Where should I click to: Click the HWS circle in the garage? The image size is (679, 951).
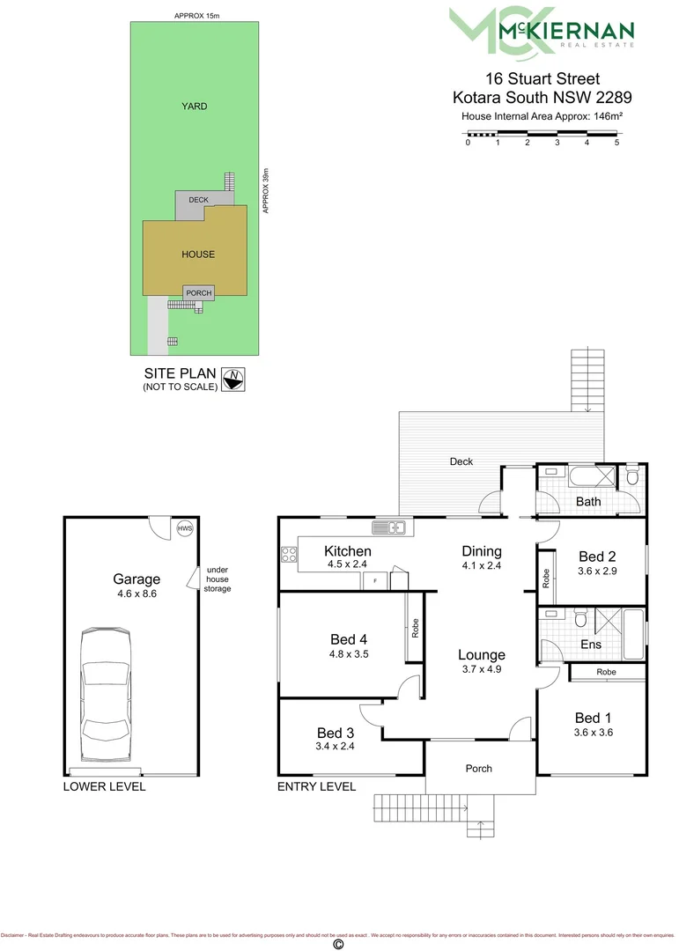click(x=184, y=528)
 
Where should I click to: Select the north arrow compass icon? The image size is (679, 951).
click(x=234, y=379)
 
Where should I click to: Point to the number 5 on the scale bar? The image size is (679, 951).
click(x=617, y=143)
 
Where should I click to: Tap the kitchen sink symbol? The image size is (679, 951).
click(x=387, y=527)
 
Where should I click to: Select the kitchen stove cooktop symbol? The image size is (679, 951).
click(x=288, y=555)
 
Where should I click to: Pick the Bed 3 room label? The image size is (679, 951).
click(x=335, y=733)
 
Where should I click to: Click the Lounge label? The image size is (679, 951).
click(x=481, y=654)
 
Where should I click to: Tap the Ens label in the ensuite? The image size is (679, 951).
click(x=592, y=645)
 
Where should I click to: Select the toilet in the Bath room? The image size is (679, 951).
click(x=631, y=479)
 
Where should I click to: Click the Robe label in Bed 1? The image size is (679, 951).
click(x=606, y=672)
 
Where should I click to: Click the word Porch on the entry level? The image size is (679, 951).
click(x=479, y=769)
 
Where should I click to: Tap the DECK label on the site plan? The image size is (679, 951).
click(x=198, y=200)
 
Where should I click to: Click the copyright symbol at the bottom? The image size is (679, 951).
click(x=337, y=944)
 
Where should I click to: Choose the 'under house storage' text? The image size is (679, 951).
click(x=218, y=579)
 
